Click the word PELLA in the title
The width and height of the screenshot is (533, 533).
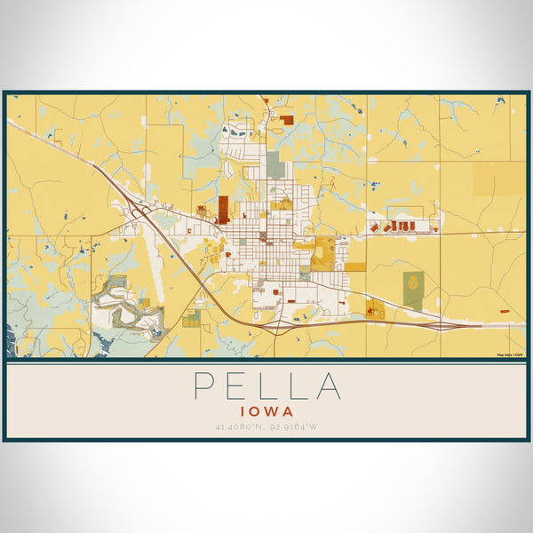click(266, 386)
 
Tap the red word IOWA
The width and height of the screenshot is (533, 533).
click(266, 412)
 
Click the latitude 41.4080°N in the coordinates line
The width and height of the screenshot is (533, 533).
click(239, 427)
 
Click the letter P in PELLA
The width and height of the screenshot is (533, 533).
click(203, 386)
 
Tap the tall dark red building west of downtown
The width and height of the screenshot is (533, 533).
click(223, 209)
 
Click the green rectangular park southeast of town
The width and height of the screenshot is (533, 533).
click(413, 289)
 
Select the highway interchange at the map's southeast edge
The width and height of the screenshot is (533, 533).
click(435, 326)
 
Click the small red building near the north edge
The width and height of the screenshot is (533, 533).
click(286, 117)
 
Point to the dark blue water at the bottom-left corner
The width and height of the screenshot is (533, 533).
click(12, 338)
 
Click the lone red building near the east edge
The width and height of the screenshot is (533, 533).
click(504, 312)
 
